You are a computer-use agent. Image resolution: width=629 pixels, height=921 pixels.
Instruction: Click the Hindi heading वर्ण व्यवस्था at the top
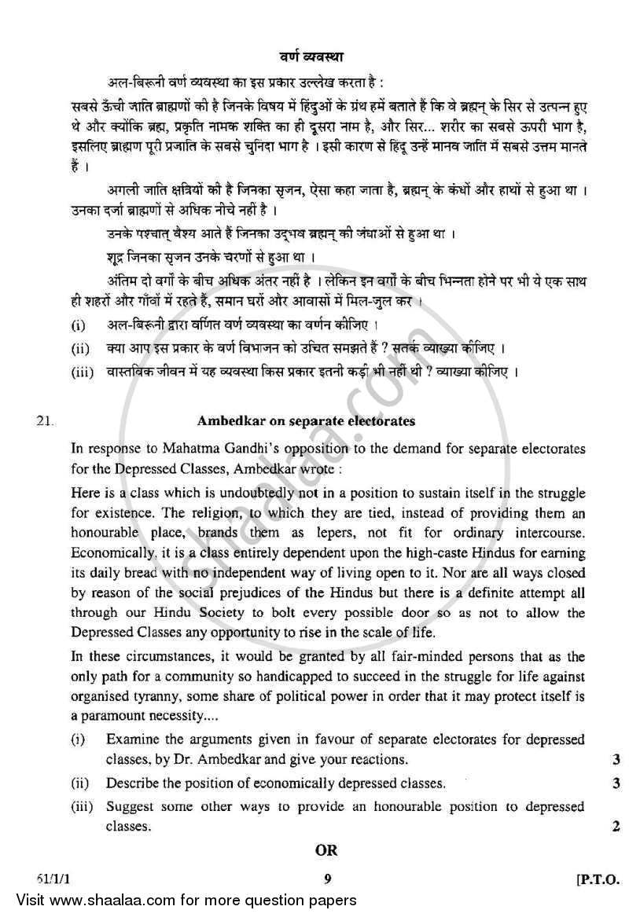click(312, 56)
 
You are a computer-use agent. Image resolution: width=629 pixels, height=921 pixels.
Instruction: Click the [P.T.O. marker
click(600, 880)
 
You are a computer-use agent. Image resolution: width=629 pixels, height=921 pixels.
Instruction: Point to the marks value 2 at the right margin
click(614, 826)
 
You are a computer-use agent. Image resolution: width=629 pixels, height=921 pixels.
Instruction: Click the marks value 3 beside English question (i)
click(614, 759)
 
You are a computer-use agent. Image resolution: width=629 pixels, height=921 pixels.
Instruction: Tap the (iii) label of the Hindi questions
click(79, 371)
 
